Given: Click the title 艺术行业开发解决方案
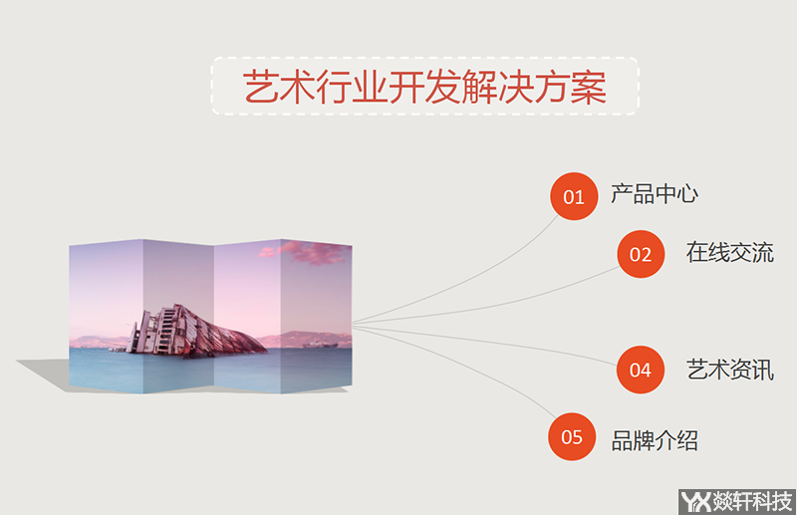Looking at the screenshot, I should click(x=425, y=87).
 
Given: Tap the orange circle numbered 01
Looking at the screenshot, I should click(x=574, y=196).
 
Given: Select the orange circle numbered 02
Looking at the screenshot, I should click(x=641, y=254).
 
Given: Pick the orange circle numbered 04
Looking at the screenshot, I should click(x=641, y=371).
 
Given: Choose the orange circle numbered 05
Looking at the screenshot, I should click(x=573, y=436).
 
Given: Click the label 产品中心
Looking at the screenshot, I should click(x=655, y=194).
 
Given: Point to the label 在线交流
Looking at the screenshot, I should click(x=729, y=252).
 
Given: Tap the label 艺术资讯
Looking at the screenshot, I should click(x=729, y=370).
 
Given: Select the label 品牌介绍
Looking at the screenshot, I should click(x=655, y=439).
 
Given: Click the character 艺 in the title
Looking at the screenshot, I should click(x=261, y=88).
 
